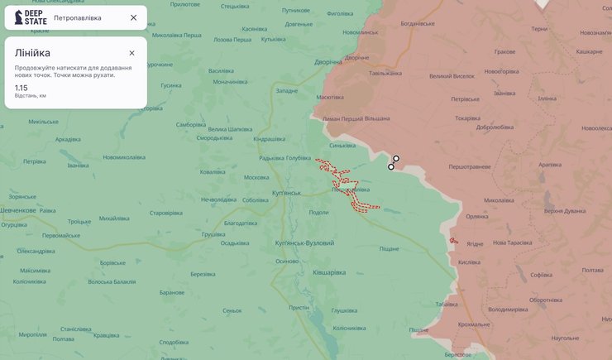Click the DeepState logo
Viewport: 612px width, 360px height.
[31, 17]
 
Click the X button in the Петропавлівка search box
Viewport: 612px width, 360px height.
[133, 17]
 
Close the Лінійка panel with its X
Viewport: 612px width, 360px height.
[131, 53]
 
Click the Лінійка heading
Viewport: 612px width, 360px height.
[32, 53]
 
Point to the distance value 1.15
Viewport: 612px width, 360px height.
[22, 87]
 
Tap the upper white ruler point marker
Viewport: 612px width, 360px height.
[396, 158]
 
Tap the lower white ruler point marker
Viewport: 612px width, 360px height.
[391, 167]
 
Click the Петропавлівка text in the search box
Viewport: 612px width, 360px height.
[78, 17]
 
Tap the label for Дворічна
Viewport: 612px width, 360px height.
[328, 62]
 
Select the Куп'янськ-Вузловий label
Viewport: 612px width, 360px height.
[304, 243]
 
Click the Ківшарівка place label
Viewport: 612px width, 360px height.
[329, 272]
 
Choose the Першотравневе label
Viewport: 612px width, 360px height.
[470, 167]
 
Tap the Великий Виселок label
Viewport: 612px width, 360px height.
[452, 76]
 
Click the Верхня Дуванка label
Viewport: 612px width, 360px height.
[565, 211]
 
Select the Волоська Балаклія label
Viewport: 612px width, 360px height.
[112, 281]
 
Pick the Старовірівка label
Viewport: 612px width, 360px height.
[165, 213]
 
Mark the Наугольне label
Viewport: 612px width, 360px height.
[565, 338]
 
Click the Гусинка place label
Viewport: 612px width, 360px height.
[171, 85]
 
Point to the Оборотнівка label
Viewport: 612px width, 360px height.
[546, 300]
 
